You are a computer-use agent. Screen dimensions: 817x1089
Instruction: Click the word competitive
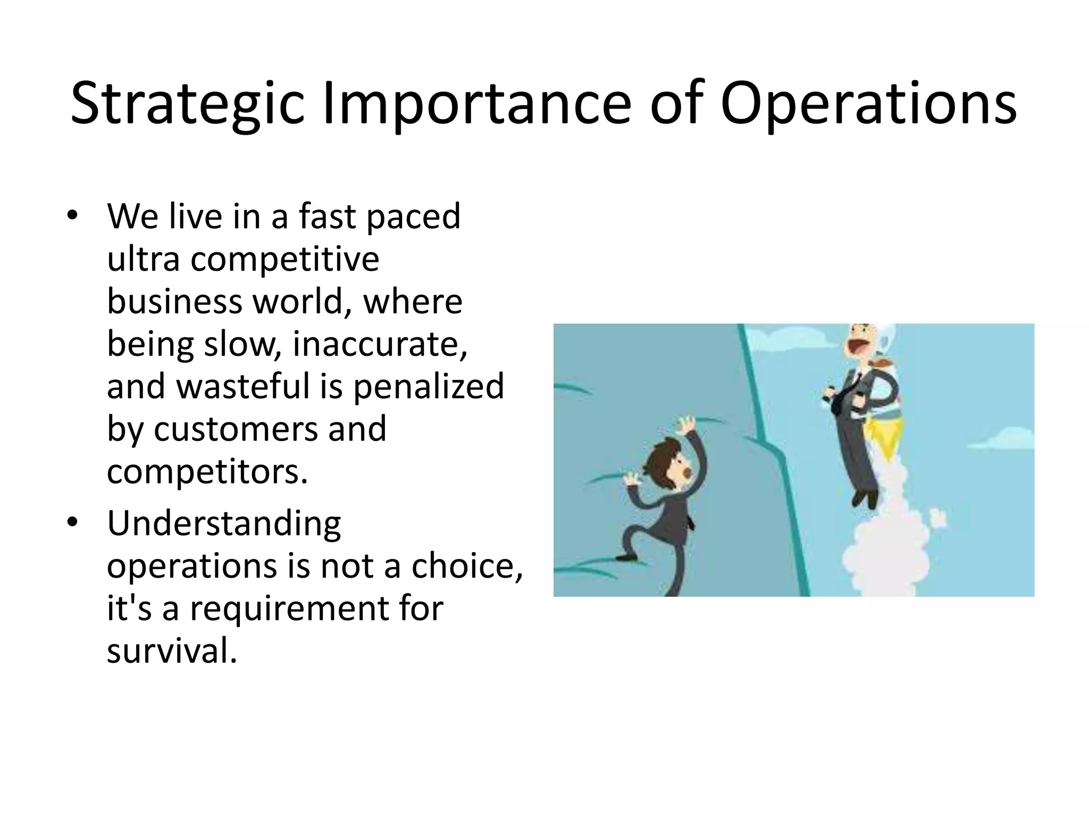(284, 260)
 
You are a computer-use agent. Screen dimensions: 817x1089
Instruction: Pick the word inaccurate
(380, 344)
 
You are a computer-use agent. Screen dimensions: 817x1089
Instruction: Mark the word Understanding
(224, 523)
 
